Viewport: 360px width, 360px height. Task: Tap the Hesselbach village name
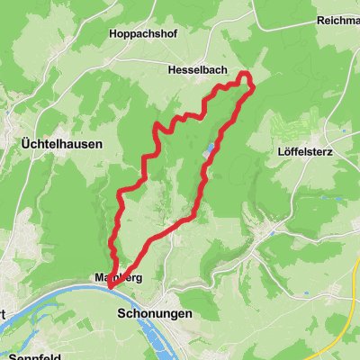pyautogui.click(x=195, y=68)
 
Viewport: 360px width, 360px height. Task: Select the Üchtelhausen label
pyautogui.click(x=62, y=143)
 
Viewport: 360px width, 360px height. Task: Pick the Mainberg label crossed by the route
pyautogui.click(x=118, y=278)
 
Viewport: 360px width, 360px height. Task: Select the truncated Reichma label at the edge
pyautogui.click(x=338, y=20)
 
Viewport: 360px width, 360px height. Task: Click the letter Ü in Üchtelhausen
pyautogui.click(x=25, y=143)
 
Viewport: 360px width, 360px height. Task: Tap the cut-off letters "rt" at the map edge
pyautogui.click(x=4, y=314)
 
